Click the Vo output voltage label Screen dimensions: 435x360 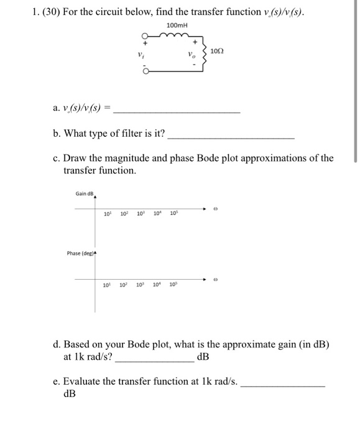pos(192,55)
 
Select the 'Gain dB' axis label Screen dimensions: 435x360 pos(84,194)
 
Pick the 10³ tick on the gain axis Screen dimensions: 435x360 pos(141,215)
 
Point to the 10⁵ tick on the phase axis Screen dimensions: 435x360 pos(172,285)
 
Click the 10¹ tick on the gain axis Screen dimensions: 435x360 pos(108,215)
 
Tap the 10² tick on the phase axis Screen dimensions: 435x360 pos(124,285)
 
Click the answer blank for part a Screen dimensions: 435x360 pos(178,112)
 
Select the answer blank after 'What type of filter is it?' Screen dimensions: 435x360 pos(231,136)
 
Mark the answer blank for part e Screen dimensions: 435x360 pos(283,386)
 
